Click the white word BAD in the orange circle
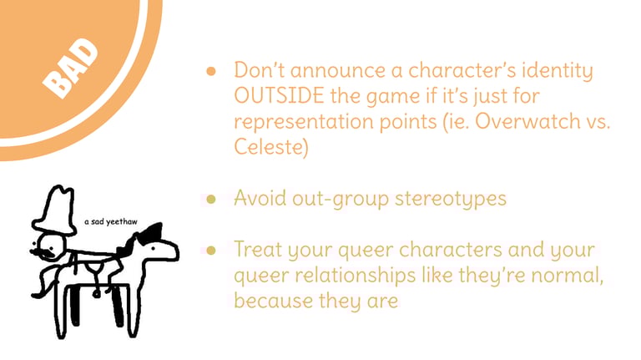point(70,68)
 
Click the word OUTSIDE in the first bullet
point(279,96)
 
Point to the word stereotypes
point(451,199)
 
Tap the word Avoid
point(260,198)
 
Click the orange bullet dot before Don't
point(211,72)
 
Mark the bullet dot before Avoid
point(211,200)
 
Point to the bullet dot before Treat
point(211,250)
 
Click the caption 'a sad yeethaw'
point(111,221)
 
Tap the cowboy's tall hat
point(55,210)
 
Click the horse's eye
point(154,248)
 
